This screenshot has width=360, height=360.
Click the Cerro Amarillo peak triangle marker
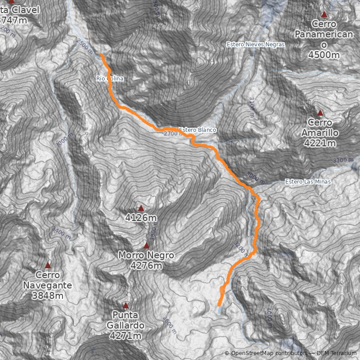pyautogui.click(x=320, y=112)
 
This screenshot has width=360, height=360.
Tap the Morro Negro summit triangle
pyautogui.click(x=146, y=245)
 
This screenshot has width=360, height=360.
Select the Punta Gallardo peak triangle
pyautogui.click(x=126, y=305)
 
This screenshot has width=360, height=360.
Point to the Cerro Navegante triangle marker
pyautogui.click(x=48, y=265)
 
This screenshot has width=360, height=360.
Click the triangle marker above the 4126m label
pyautogui.click(x=141, y=208)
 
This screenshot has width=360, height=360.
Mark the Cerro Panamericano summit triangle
pyautogui.click(x=324, y=14)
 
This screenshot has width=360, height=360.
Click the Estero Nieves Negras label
pyautogui.click(x=256, y=44)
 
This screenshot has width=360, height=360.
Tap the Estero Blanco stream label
pyautogui.click(x=198, y=130)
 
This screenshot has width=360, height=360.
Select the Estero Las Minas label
pyautogui.click(x=308, y=182)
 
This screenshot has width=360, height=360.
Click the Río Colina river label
pyautogui.click(x=110, y=79)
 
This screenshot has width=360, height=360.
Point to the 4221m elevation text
pyautogui.click(x=320, y=144)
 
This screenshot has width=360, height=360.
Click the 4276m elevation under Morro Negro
pyautogui.click(x=146, y=266)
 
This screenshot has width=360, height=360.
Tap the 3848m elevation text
pyautogui.click(x=48, y=296)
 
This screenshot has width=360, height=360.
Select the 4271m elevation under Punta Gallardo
pyautogui.click(x=126, y=336)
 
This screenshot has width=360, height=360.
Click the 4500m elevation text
pyautogui.click(x=324, y=54)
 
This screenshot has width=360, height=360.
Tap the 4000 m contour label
pyautogui.click(x=269, y=314)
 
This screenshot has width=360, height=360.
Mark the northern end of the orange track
pyautogui.click(x=101, y=54)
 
